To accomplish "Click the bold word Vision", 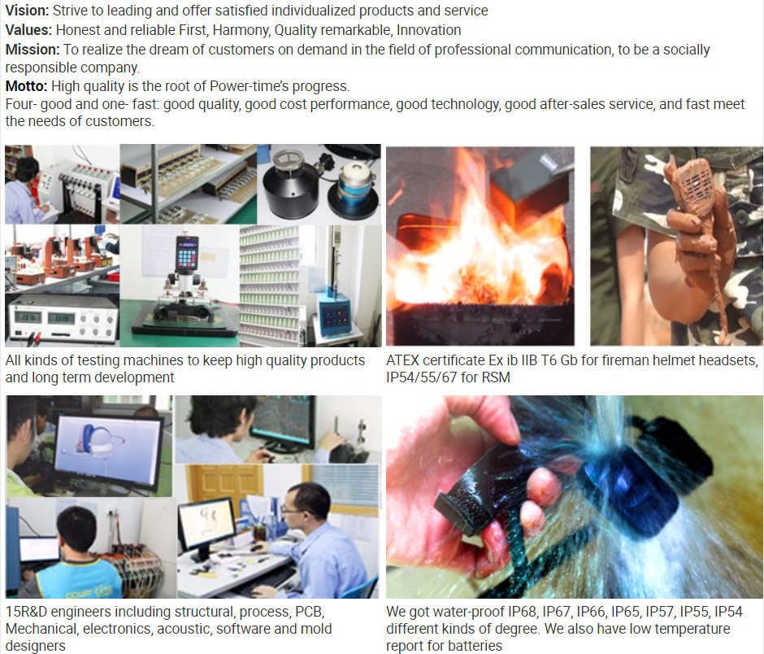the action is pos(27,11).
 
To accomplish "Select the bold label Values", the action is pos(28,30).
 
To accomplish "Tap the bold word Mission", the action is pos(33,50).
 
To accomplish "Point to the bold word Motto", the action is pos(26,86).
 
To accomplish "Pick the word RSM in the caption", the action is pos(496,377).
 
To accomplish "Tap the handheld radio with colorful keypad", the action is pos(187,255).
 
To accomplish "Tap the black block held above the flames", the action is pos(528,180).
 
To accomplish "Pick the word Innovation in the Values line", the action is pos(429,30).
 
